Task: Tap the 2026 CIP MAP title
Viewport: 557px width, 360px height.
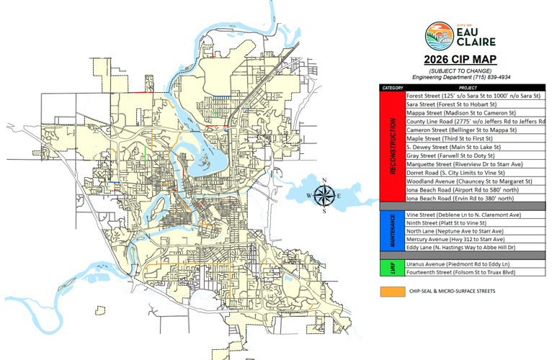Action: [x=460, y=59]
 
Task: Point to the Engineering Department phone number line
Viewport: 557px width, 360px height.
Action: [x=460, y=77]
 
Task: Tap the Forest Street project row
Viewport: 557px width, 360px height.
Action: [x=473, y=96]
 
